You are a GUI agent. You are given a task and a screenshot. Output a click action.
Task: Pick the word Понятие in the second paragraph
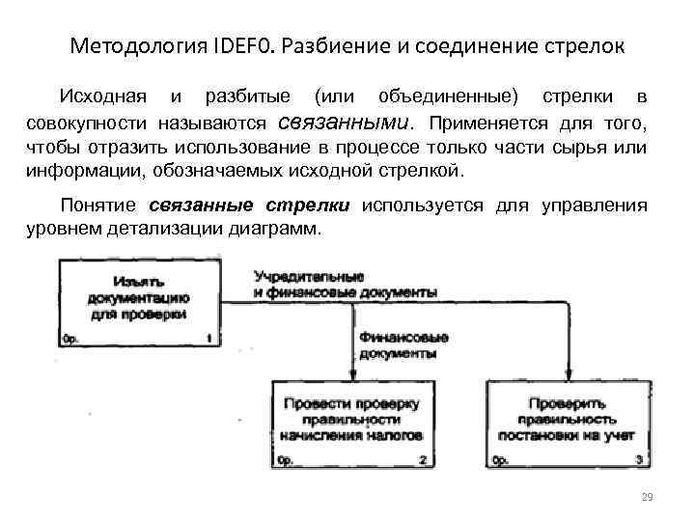(100, 206)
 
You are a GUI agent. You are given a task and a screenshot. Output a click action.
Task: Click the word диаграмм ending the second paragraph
(288, 231)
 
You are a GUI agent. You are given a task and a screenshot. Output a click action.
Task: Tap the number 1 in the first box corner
(208, 339)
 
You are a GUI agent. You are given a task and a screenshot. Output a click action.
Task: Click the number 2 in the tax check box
(423, 461)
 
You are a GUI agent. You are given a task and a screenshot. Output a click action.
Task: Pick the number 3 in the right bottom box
(640, 461)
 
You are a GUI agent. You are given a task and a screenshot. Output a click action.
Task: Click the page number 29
(646, 496)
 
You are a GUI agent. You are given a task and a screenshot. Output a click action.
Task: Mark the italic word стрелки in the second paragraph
(315, 206)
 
